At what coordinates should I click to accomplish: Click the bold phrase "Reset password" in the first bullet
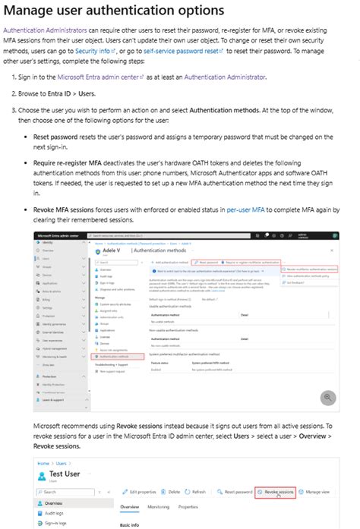pos(57,137)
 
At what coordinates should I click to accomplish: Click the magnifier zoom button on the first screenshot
pos(328,397)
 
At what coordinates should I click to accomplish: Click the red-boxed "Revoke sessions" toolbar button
pos(275,493)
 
